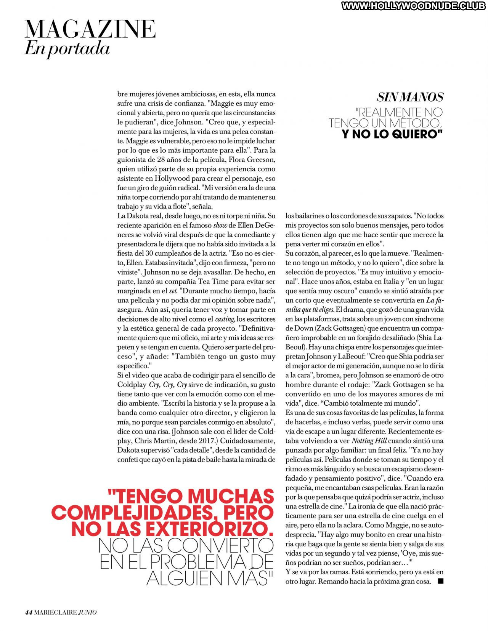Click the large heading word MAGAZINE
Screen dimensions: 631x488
(90, 29)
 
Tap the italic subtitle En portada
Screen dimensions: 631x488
(67, 48)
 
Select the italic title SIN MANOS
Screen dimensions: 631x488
(410, 97)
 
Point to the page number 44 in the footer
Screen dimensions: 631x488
(28, 612)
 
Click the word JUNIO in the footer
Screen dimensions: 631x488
(87, 612)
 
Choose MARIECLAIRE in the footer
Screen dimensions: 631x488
(55, 612)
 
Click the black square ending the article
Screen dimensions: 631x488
(441, 581)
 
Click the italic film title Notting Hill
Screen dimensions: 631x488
(369, 441)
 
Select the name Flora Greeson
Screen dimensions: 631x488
(250, 159)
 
